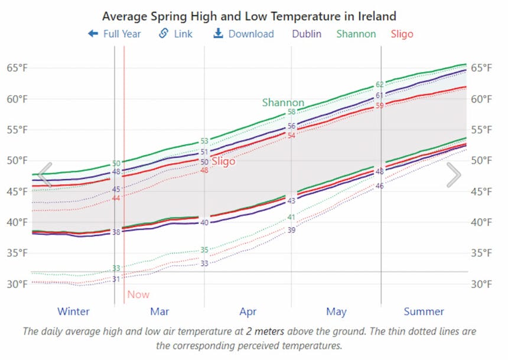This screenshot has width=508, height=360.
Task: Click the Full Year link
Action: pyautogui.click(x=115, y=34)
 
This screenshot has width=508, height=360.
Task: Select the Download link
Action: pyautogui.click(x=243, y=34)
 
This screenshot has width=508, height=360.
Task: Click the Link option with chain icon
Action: pyautogui.click(x=176, y=34)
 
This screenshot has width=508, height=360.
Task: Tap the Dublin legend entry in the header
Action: pyautogui.click(x=307, y=34)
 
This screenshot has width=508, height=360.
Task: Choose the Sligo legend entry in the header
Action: pyautogui.click(x=402, y=34)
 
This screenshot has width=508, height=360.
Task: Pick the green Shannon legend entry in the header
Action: pyautogui.click(x=356, y=34)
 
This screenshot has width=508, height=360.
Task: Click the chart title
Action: pyautogui.click(x=249, y=16)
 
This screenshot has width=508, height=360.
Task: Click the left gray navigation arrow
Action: pyautogui.click(x=45, y=174)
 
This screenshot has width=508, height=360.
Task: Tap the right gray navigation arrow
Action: pyautogui.click(x=453, y=174)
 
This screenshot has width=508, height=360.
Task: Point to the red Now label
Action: pyautogui.click(x=138, y=294)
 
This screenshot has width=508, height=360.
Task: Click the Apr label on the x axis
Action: pyautogui.click(x=248, y=312)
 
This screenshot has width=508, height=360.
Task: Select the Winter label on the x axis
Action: pyautogui.click(x=73, y=312)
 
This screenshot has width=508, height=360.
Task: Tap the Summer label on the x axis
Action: pyautogui.click(x=424, y=312)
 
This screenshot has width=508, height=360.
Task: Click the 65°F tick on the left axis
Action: pyautogui.click(x=17, y=68)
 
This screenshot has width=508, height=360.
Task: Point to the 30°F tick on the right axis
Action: pyautogui.click(x=481, y=284)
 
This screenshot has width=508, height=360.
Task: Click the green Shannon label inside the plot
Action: pyautogui.click(x=283, y=102)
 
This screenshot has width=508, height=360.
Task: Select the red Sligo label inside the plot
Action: pyautogui.click(x=223, y=161)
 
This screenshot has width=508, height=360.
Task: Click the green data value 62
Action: pyautogui.click(x=380, y=85)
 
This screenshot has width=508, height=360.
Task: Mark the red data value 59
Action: pyautogui.click(x=380, y=106)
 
